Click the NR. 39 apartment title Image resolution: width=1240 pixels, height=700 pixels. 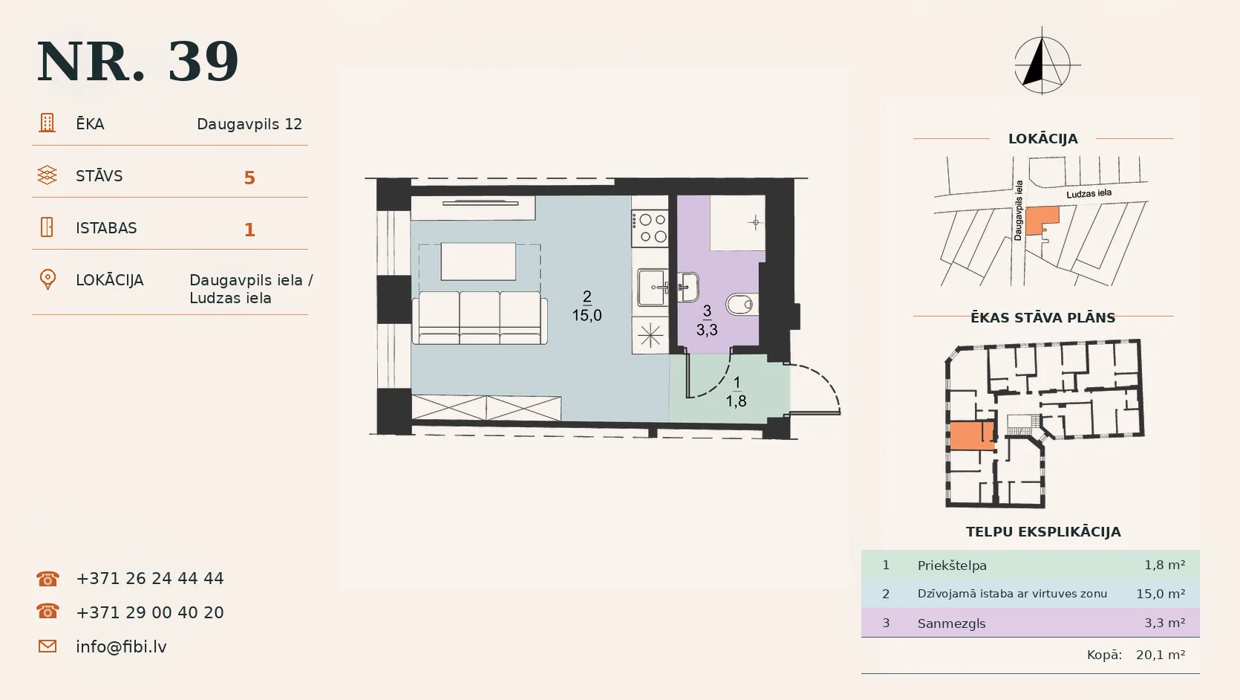tap(137, 62)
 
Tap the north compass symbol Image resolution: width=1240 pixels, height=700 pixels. tap(1043, 62)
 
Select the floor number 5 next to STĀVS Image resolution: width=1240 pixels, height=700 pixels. tap(249, 178)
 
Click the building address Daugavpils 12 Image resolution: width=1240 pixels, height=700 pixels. tap(249, 124)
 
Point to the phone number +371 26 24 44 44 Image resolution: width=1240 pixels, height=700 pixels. tap(149, 579)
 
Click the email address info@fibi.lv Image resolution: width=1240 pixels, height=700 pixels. tap(121, 646)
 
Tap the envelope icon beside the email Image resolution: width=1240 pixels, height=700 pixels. tap(48, 646)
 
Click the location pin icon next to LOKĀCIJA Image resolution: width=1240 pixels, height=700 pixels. tap(48, 279)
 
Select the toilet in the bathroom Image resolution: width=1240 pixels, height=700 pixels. tap(740, 304)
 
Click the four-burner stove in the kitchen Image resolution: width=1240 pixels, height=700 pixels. tap(650, 228)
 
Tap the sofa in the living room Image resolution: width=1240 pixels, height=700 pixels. tap(480, 318)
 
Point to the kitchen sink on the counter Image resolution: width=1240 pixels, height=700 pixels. tap(653, 288)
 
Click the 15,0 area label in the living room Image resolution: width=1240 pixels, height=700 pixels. tap(587, 316)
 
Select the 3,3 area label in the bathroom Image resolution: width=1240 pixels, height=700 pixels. tap(707, 330)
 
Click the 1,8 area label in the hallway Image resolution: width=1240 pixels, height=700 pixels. tap(737, 401)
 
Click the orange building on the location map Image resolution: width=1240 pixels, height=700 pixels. tap(1041, 221)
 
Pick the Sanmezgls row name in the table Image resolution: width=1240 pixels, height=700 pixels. tap(952, 623)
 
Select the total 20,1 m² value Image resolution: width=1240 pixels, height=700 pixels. tap(1161, 655)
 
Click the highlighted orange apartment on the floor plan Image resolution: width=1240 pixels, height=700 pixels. tap(971, 435)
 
